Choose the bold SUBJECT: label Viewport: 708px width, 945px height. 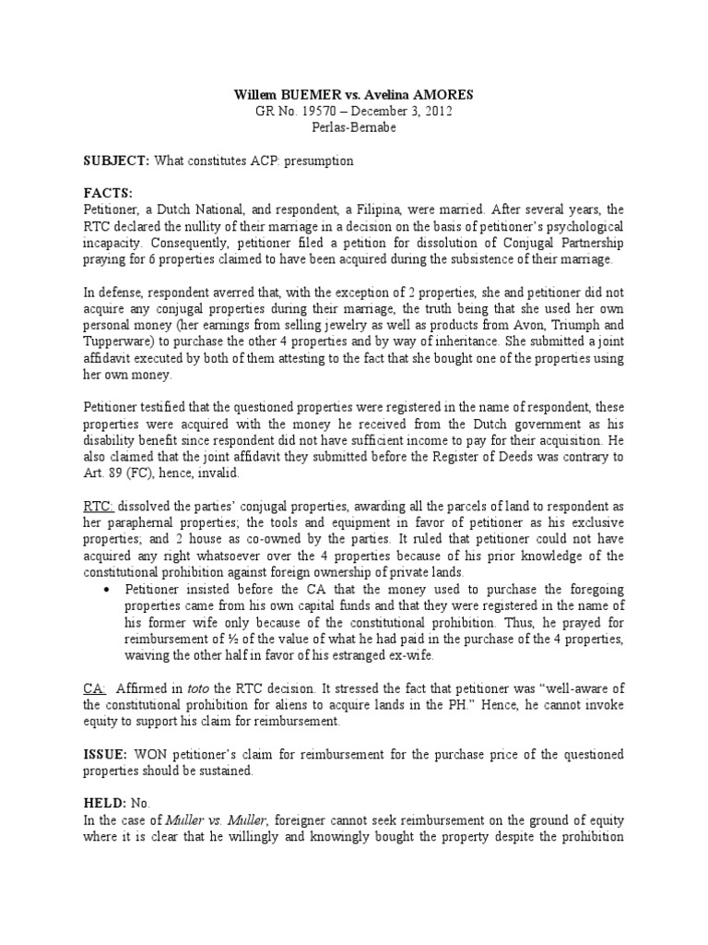115,161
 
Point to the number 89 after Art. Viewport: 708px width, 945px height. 113,472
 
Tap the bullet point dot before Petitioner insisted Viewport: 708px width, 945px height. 110,589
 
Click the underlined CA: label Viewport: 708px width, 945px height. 96,688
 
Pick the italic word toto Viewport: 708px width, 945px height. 215,688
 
